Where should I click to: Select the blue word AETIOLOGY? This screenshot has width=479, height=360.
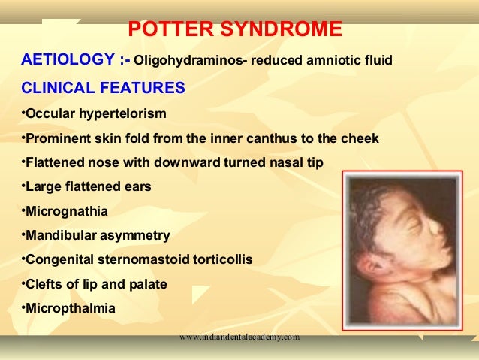pyautogui.click(x=64, y=59)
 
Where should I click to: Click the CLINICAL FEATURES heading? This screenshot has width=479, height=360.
pyautogui.click(x=103, y=87)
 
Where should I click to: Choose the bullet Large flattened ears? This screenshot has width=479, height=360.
pyautogui.click(x=86, y=187)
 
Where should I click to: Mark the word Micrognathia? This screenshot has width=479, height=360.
pyautogui.click(x=67, y=211)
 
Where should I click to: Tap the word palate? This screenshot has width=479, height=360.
pyautogui.click(x=148, y=284)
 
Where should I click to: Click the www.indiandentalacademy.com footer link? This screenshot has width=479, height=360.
pyautogui.click(x=239, y=337)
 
